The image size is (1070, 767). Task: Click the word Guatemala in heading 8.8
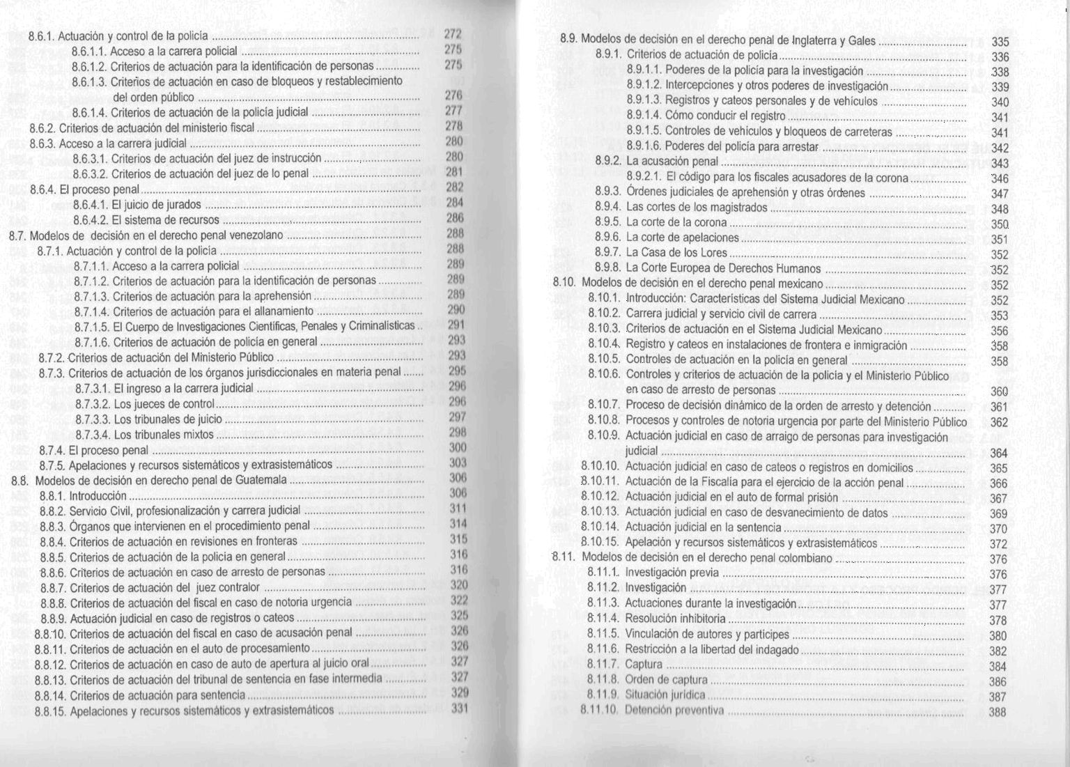click(x=261, y=480)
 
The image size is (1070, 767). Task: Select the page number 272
click(x=453, y=34)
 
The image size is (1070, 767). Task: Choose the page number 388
click(x=998, y=712)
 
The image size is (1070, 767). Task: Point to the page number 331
click(x=458, y=709)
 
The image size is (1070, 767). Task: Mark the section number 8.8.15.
click(x=49, y=711)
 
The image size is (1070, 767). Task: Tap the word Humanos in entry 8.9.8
click(x=798, y=268)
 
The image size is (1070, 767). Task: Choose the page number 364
click(x=999, y=454)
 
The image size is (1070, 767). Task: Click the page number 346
click(x=1000, y=179)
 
